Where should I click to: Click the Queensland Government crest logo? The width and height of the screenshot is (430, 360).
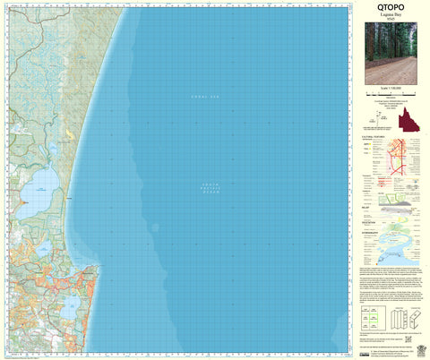coord(415,344)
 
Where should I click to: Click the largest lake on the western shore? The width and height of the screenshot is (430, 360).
coord(39,189)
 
